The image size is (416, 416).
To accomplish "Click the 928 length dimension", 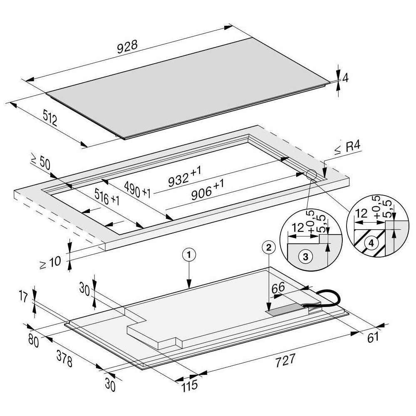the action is pyautogui.click(x=127, y=47).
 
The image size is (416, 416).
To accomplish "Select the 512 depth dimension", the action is pyautogui.click(x=50, y=118).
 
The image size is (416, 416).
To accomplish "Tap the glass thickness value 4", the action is pyautogui.click(x=345, y=78).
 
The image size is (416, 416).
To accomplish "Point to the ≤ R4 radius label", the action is pyautogui.click(x=347, y=148).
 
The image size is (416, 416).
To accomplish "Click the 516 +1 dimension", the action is pyautogui.click(x=107, y=197).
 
